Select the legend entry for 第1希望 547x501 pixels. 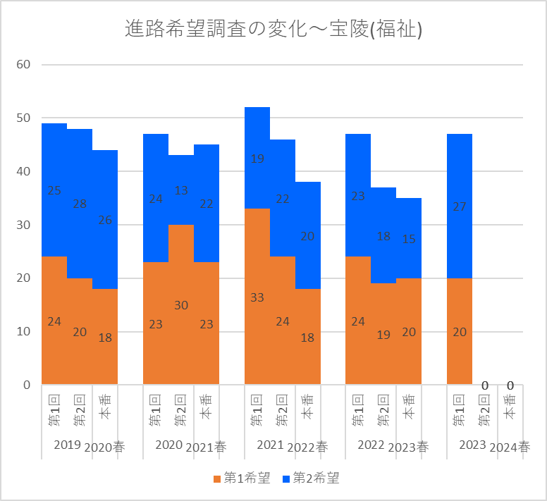(x=242, y=479)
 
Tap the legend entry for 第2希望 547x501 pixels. (x=310, y=479)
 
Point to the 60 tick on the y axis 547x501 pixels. (x=24, y=65)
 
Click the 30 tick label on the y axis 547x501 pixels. (x=24, y=225)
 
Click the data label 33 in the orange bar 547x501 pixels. (x=257, y=297)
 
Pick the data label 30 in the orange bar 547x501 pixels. (x=181, y=305)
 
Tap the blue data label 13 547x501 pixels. (x=181, y=190)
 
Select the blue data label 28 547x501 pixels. (x=80, y=204)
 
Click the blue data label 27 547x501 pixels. (x=460, y=206)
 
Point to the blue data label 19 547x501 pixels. (x=257, y=159)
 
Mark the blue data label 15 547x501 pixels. (x=409, y=239)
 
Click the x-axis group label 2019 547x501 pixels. (x=67, y=445)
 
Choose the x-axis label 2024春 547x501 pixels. (x=510, y=447)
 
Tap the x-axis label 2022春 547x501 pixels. (x=307, y=447)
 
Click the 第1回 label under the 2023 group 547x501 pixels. (x=460, y=411)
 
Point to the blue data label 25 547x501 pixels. (x=54, y=190)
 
